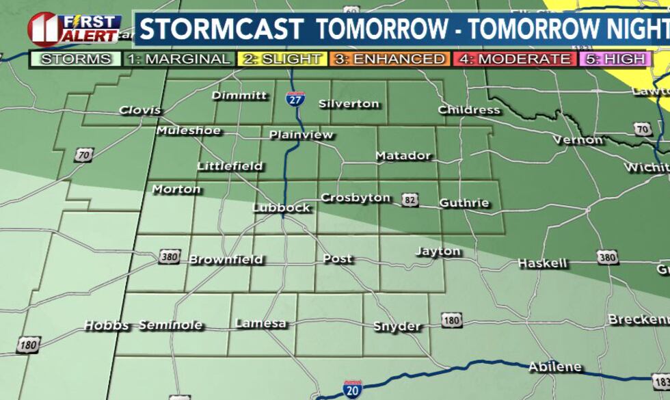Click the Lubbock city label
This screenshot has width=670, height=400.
281,208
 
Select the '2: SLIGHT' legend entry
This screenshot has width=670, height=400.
282,59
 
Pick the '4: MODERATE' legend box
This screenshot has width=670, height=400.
515,59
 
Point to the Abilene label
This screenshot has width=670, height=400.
554,367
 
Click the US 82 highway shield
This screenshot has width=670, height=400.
408,200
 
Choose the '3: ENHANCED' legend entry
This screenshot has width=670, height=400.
390,59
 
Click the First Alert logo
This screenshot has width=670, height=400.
74,29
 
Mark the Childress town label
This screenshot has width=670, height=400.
468,110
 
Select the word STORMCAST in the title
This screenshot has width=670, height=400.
222,30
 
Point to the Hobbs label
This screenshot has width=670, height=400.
107,326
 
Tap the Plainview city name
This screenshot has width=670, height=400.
301,135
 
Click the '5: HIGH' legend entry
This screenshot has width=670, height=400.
615,59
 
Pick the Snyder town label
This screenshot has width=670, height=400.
397,327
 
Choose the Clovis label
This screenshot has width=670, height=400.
140,110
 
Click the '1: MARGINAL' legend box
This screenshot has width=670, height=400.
179,59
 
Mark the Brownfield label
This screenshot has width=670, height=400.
226,260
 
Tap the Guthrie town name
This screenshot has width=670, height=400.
464,203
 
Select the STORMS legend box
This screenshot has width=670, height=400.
76,59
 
